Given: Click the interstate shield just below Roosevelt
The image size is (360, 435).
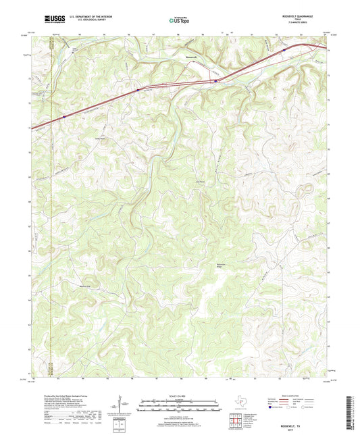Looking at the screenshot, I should click(x=215, y=81).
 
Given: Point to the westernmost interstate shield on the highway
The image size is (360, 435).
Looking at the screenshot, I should click(x=64, y=116).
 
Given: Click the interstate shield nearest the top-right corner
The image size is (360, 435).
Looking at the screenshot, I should click(x=284, y=49).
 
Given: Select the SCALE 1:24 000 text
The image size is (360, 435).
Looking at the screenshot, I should click(x=180, y=396).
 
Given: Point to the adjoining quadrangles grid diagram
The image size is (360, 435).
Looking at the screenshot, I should click(x=235, y=422).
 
